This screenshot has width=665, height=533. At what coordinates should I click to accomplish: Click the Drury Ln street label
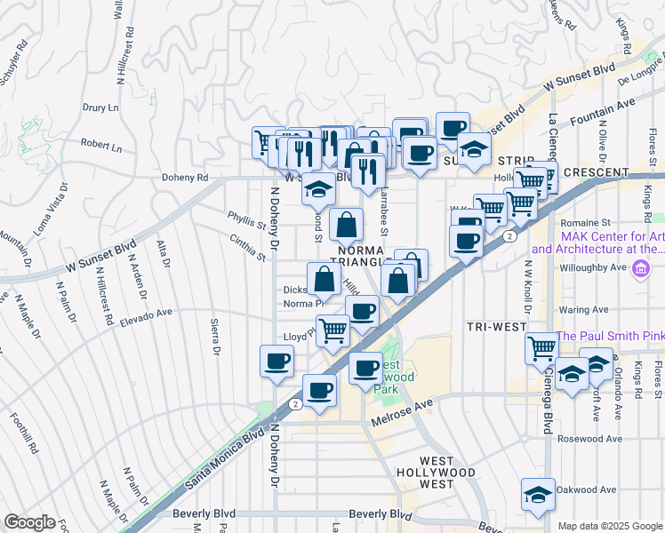click(100, 108)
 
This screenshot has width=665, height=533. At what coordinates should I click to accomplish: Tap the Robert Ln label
click(100, 144)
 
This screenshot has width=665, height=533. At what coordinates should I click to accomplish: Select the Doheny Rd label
click(184, 177)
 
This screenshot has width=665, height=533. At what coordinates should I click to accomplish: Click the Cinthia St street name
click(248, 246)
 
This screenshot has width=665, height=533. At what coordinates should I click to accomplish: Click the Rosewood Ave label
click(589, 439)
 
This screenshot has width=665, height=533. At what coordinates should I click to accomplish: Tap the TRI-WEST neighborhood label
click(497, 327)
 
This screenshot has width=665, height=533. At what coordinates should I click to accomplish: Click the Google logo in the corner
click(29, 522)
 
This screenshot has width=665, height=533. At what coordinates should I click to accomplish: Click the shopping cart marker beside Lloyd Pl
click(332, 330)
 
